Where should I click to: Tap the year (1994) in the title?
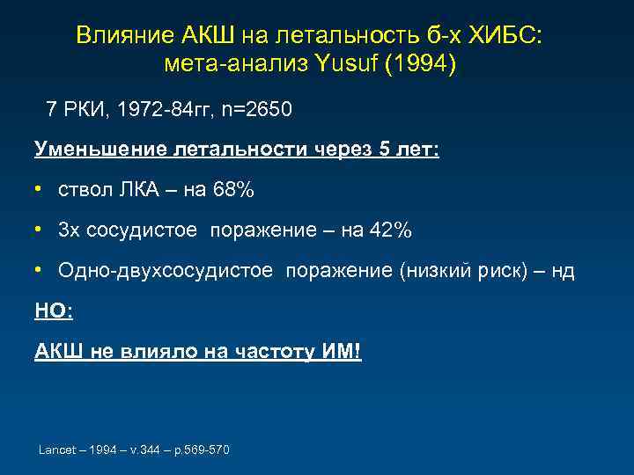point(426,64)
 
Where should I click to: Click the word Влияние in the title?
point(124,34)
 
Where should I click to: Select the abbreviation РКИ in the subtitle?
point(85,110)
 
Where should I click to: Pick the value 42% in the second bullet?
point(389,230)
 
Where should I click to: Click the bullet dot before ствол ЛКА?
point(40,189)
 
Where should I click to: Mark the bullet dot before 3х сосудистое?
point(40,230)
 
